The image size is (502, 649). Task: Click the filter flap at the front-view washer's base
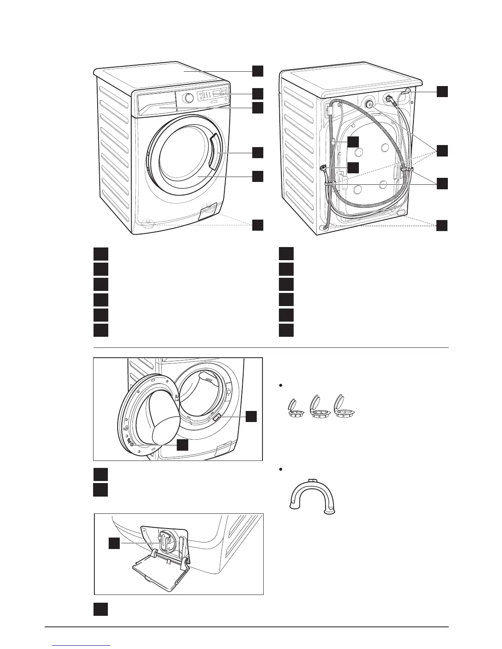coord(208,211)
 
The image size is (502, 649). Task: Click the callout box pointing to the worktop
coord(258,70)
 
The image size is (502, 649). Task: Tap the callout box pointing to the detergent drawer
coord(258,108)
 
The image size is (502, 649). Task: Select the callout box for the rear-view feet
coord(442,225)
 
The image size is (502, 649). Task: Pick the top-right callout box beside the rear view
coord(442,91)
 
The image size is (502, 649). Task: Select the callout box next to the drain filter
coord(114,543)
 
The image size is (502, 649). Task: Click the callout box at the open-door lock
coord(251,417)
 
